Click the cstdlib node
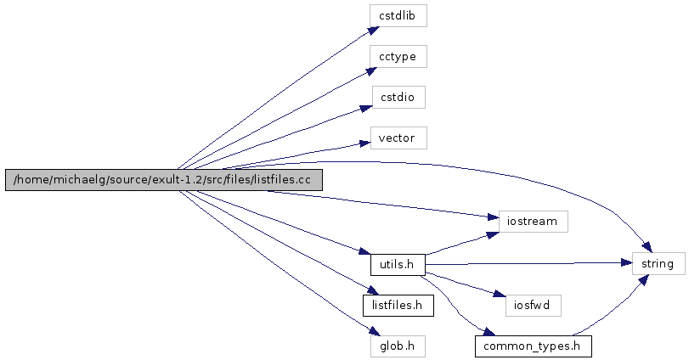tap(398, 15)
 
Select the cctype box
tap(398, 56)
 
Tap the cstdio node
tap(398, 97)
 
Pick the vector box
tap(398, 138)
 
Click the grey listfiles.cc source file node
tap(165, 180)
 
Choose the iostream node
tap(532, 222)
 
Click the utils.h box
tap(398, 265)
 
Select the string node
tap(658, 264)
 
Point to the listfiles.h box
tap(398, 304)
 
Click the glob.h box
tap(398, 345)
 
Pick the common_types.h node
tap(532, 346)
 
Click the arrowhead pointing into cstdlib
tap(365, 30)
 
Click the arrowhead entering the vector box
tap(365, 141)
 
